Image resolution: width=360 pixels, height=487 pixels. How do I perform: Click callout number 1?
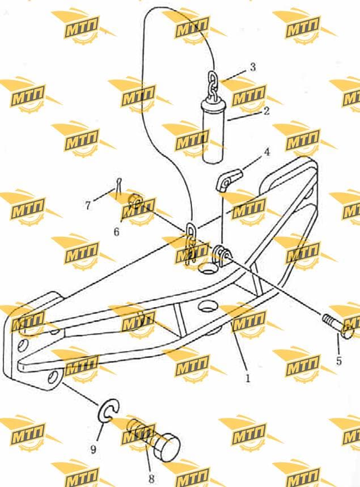click(248, 379)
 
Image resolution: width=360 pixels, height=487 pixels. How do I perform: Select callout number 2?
click(266, 111)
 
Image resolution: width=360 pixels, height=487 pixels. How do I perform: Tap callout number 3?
click(253, 67)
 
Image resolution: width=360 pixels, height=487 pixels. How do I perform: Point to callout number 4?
click(266, 152)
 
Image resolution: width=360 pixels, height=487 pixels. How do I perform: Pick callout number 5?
click(339, 361)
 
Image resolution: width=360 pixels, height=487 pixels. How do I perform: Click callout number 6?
click(116, 232)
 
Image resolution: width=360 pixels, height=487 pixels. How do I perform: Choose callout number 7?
click(88, 205)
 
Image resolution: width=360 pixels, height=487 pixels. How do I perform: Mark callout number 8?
click(151, 478)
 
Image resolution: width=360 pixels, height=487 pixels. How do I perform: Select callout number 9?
click(94, 449)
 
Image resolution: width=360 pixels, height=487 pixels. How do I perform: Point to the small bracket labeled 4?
click(228, 180)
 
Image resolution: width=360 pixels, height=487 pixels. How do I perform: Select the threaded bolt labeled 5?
click(338, 327)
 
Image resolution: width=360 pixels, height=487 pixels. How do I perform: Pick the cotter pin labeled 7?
click(119, 188)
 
